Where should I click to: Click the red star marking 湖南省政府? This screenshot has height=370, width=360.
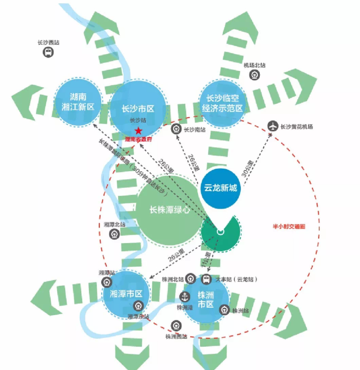(138, 132)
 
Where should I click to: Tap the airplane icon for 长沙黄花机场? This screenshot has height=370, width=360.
(273, 126)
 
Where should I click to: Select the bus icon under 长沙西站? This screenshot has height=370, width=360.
(47, 52)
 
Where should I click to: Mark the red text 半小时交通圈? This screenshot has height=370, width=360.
(289, 226)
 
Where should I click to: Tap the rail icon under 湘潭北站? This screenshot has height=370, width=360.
(115, 234)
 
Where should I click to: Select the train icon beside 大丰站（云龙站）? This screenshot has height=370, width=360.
(206, 279)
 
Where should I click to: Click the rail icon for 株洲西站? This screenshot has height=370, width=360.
(176, 326)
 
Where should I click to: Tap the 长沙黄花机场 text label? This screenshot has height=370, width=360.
(297, 126)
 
